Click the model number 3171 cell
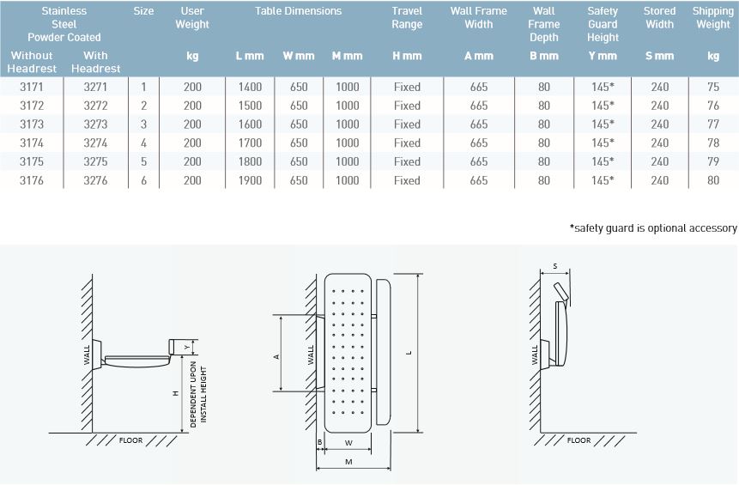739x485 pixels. point(32,87)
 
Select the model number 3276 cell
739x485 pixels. point(95,180)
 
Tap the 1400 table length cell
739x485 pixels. point(250,87)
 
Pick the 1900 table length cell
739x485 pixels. point(250,180)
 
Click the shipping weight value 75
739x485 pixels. point(712,87)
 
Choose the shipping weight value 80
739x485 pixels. point(712,180)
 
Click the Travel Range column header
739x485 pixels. point(407,18)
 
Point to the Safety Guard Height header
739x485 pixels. point(603,24)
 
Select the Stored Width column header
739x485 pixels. point(659,18)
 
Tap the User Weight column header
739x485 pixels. point(192,18)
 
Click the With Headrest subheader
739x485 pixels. point(95,62)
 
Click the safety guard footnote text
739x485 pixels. point(652,228)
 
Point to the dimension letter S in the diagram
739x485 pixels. point(555,267)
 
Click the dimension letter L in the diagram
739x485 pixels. point(409,353)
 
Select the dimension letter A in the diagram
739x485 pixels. point(276,356)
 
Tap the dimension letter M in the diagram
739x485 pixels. point(348,462)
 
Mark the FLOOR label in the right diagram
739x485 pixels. point(578,440)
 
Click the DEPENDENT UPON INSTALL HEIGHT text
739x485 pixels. point(197,394)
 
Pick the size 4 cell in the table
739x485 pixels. point(143,143)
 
